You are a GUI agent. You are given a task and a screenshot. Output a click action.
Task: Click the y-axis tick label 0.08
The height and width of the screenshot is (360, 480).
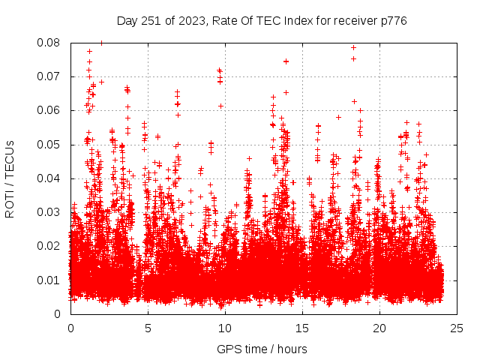tap(49, 43)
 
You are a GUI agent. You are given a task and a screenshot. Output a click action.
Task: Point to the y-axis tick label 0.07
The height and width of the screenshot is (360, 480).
tap(49, 76)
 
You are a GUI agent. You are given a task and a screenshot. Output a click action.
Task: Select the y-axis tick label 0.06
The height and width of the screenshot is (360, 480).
tap(49, 110)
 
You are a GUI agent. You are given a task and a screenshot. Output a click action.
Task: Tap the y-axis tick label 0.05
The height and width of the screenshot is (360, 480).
tap(49, 144)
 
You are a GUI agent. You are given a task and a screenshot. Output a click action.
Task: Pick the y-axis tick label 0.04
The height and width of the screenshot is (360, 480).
tap(49, 178)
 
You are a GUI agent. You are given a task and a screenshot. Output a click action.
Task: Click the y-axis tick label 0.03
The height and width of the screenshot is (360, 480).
tap(49, 212)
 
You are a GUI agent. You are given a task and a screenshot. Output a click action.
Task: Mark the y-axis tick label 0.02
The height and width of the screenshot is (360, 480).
tap(49, 246)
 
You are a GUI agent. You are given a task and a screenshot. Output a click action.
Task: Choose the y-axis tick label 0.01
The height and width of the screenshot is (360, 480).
tap(49, 280)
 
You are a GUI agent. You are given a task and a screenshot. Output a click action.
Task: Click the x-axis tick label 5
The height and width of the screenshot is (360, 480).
tap(148, 328)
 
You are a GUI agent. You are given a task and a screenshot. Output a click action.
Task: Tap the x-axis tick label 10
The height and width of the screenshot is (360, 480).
tap(225, 328)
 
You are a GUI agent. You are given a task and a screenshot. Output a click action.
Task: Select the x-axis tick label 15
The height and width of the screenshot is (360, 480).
tap(302, 328)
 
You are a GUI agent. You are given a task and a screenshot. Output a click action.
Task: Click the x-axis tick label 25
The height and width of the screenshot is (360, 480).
tap(457, 328)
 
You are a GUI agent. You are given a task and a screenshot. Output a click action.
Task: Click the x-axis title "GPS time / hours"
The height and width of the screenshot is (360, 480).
tap(262, 349)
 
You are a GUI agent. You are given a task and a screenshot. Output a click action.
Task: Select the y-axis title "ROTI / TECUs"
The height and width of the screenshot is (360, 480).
tap(10, 178)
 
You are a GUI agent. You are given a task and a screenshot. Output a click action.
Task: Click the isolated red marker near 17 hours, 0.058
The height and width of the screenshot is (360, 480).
tap(338, 117)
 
